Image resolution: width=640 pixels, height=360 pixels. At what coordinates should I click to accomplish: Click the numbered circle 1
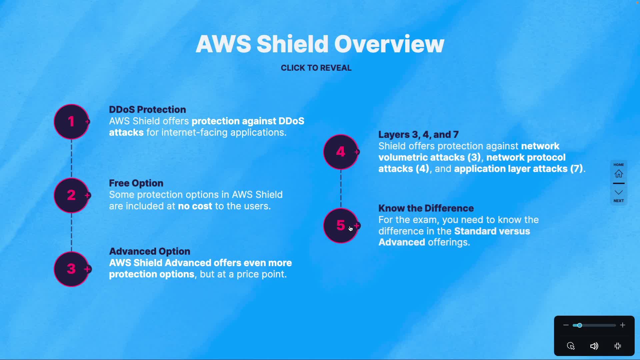(x=71, y=122)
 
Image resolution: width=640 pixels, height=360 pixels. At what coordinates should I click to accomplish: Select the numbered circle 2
(x=71, y=195)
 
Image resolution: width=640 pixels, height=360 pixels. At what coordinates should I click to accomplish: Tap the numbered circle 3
(x=71, y=269)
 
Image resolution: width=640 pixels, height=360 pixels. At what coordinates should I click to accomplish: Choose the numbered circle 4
(x=341, y=152)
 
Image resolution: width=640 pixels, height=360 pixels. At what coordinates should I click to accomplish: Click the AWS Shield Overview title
(x=320, y=44)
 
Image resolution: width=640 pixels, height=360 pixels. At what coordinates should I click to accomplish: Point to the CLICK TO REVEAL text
(x=316, y=68)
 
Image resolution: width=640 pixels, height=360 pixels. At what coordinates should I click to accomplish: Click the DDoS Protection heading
(x=147, y=110)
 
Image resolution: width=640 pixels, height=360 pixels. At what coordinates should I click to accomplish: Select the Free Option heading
(x=136, y=183)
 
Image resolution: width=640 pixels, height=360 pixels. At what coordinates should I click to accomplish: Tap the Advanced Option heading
(x=150, y=251)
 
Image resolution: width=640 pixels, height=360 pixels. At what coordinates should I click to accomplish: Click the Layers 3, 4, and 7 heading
(x=418, y=135)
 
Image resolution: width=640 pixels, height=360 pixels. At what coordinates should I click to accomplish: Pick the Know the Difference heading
(x=426, y=208)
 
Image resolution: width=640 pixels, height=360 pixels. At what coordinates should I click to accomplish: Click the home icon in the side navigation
(x=619, y=174)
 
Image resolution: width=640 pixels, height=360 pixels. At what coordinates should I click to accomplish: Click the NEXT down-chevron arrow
(x=619, y=193)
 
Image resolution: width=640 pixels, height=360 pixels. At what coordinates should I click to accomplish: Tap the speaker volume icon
(x=594, y=346)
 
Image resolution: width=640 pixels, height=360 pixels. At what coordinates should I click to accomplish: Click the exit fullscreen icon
(x=618, y=346)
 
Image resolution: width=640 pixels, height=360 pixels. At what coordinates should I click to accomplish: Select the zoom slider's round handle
(x=580, y=325)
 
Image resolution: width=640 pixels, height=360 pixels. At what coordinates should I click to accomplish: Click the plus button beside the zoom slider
(x=623, y=325)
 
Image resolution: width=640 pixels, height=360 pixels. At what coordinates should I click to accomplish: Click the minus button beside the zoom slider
(x=566, y=325)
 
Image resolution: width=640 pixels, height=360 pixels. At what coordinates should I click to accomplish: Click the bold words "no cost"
(x=195, y=206)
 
